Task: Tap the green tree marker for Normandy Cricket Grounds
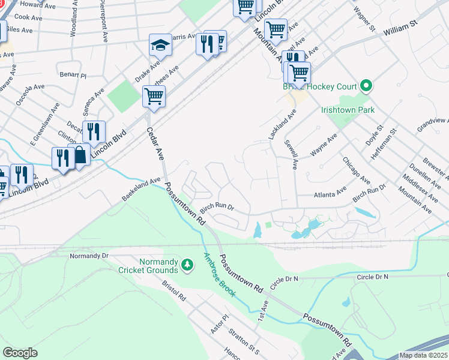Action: pos(187,265)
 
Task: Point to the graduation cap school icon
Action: pos(160,45)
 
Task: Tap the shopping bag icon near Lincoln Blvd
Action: pos(79,155)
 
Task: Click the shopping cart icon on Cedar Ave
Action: pos(154,95)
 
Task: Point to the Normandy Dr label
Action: pos(88,256)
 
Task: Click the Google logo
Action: pos(20,352)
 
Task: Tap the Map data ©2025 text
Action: pos(422,355)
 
